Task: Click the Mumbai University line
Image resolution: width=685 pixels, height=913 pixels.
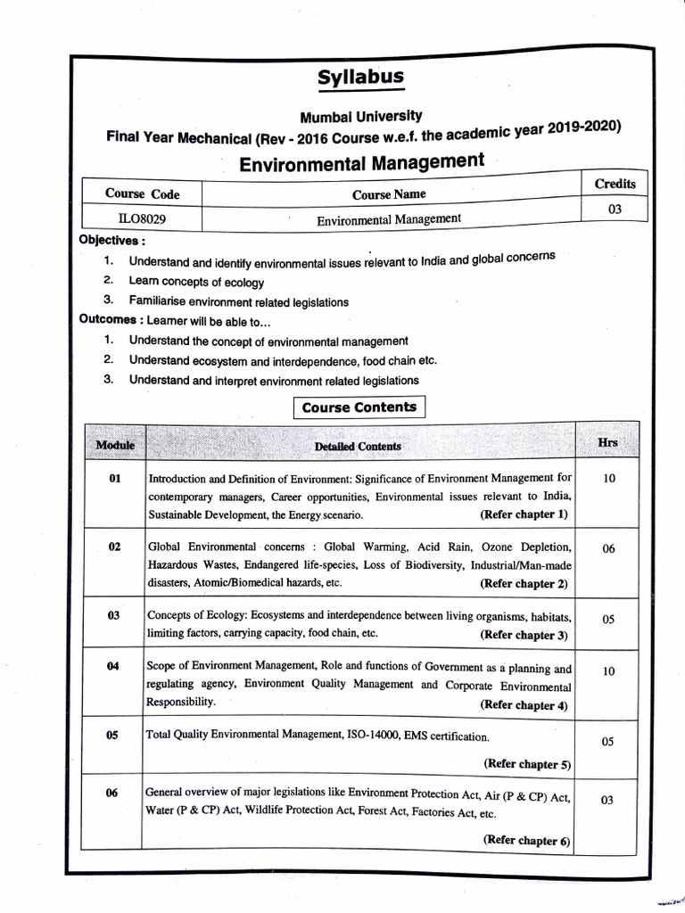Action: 361,117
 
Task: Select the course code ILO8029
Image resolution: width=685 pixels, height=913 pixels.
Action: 141,217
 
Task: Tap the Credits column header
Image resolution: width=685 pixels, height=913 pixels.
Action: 615,184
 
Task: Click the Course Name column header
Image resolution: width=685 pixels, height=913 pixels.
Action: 388,193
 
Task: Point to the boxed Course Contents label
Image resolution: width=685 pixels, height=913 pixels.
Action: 359,407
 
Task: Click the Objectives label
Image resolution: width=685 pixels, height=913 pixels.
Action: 112,241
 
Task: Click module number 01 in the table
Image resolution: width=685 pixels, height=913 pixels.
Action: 114,479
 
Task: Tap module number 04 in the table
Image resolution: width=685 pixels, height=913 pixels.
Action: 113,667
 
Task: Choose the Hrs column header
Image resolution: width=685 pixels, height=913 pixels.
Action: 608,442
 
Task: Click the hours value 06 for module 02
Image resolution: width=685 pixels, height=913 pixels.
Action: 608,549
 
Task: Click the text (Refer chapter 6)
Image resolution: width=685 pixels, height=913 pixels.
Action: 526,840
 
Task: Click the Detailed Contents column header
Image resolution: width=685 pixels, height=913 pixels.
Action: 358,446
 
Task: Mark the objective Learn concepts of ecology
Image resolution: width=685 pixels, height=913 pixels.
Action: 196,283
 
